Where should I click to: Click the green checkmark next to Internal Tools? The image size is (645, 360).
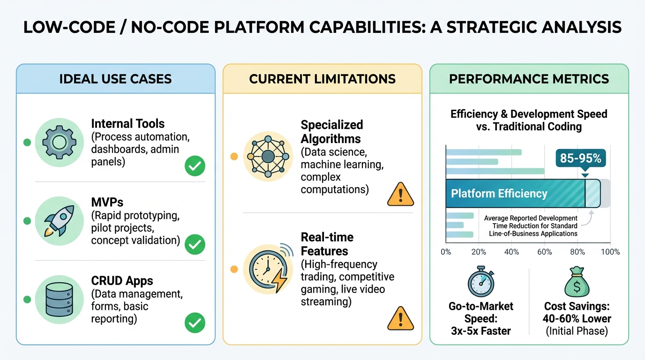195,166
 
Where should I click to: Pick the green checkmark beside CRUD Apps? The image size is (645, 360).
195,322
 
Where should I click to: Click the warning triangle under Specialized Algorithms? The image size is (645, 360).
401,195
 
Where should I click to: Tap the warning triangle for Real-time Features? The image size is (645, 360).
401,319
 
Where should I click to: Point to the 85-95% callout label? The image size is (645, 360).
580,158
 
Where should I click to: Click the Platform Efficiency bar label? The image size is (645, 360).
499,194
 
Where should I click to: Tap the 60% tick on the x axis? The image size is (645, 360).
544,252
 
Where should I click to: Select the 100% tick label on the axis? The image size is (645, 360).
610,252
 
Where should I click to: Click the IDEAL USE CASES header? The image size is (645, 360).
115,79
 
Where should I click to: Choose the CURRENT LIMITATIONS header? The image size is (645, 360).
322,79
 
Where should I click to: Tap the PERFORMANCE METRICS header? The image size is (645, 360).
529,79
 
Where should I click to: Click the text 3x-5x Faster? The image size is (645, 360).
481,331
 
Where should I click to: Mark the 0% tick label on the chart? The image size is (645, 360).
446,252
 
